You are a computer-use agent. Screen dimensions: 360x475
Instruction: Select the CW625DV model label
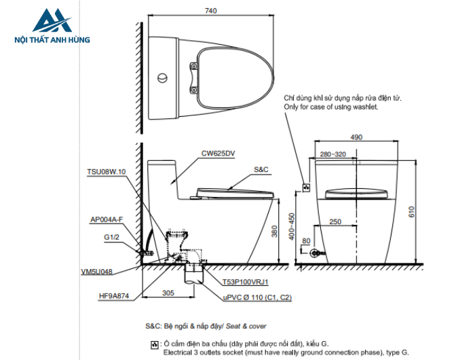point(217,154)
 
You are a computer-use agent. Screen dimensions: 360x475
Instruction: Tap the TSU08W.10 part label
point(107,173)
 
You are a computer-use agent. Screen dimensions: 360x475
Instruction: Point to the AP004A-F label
point(107,219)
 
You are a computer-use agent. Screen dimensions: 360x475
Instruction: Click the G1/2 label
point(112,237)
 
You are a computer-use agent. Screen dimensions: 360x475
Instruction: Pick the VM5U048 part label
point(96,270)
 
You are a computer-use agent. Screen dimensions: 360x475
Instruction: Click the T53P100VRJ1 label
point(246,281)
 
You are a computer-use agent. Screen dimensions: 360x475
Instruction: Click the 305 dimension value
point(168,293)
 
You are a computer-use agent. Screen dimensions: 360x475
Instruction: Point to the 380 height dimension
point(274,232)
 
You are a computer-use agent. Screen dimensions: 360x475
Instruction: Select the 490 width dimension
point(356,137)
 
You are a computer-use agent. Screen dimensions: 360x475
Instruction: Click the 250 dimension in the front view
point(335,222)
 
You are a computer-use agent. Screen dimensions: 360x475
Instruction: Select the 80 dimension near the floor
point(306,240)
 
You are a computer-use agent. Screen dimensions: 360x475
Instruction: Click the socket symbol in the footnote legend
point(154,345)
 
